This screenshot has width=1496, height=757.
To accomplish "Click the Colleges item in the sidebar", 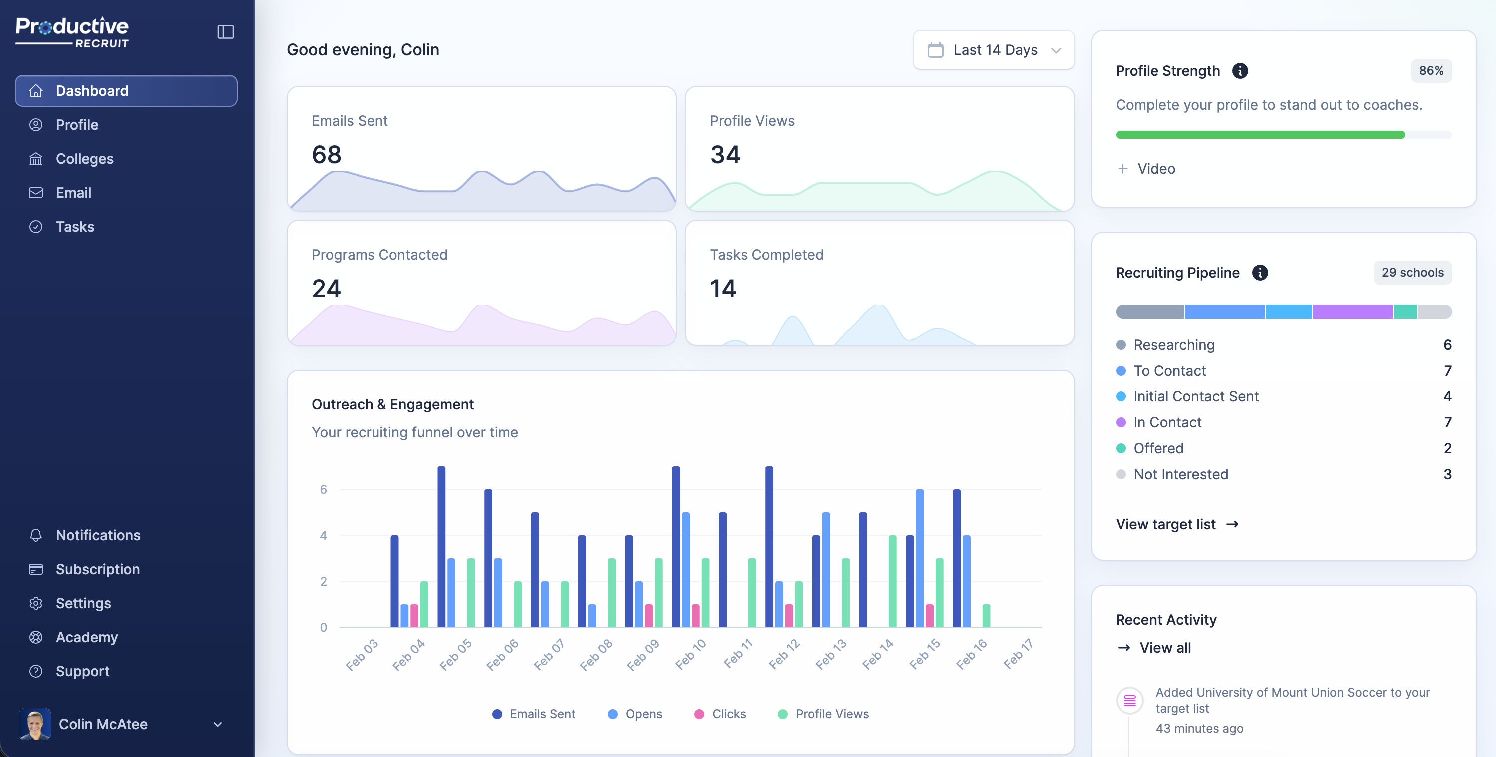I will (84, 159).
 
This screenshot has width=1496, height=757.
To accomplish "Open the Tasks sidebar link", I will (75, 227).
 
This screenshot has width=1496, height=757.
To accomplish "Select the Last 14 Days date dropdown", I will (994, 50).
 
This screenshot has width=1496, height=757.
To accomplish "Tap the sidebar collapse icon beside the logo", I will (225, 32).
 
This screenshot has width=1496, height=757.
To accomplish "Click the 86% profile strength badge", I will (1431, 71).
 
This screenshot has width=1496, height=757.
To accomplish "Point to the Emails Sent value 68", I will (327, 154).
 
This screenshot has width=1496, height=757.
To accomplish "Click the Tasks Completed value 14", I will (723, 289).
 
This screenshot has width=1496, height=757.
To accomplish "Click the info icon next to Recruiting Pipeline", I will (1260, 273).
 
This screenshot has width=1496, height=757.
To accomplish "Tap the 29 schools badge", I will (1412, 273).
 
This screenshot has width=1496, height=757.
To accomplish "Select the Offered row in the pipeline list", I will (1158, 448).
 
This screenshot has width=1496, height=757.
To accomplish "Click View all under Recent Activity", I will (1164, 648).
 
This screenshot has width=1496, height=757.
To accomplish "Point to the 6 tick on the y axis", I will (324, 490).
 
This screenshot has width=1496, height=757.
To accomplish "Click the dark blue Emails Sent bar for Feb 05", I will (441, 546).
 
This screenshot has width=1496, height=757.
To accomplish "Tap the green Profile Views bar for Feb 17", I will (986, 616).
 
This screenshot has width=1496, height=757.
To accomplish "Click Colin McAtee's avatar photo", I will (35, 724).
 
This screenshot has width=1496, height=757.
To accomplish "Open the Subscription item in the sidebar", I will (97, 569).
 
